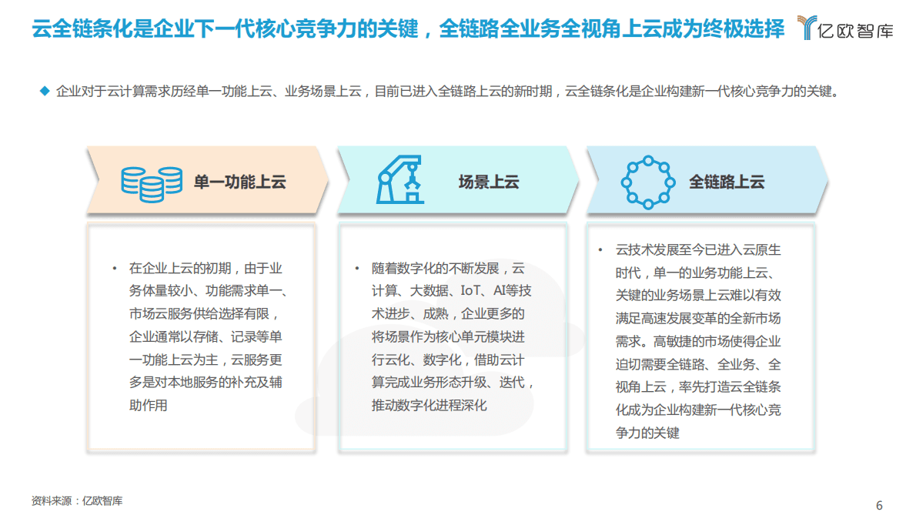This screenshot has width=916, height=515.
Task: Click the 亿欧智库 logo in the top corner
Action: point(844,28)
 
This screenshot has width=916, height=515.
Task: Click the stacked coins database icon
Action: point(152,182)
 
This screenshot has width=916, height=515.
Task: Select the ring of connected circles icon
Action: point(647,182)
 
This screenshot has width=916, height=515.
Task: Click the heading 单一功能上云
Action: point(240,182)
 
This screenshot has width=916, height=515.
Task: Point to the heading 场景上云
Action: point(489,182)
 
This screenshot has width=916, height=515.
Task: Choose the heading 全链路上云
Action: point(727,182)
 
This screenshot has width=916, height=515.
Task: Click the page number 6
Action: point(879,505)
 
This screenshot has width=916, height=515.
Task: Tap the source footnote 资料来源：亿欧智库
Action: point(77,500)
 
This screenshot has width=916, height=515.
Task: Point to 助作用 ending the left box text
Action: point(148,405)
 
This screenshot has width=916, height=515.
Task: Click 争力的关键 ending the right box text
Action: point(647,433)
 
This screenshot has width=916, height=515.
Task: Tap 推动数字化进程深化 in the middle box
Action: point(430,405)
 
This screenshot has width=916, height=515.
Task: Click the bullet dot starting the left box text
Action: point(114,269)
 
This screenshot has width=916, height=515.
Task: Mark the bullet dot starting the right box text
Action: point(600,250)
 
